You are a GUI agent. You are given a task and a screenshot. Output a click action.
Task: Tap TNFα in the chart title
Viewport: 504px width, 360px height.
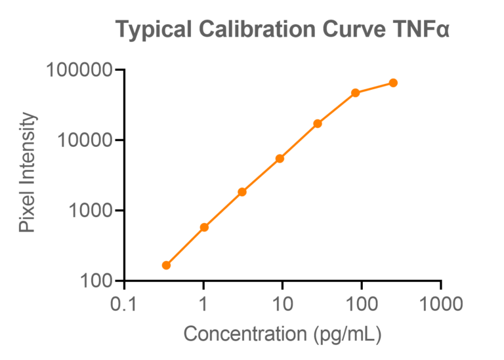click(x=420, y=30)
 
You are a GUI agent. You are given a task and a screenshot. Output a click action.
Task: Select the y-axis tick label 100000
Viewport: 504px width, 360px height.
click(x=80, y=70)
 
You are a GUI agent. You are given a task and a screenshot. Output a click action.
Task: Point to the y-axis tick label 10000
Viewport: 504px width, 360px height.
click(x=85, y=140)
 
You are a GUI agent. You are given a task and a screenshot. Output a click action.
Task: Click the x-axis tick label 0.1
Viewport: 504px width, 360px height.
click(x=125, y=304)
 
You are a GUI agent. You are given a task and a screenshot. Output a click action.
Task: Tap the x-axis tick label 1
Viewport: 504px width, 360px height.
click(x=203, y=304)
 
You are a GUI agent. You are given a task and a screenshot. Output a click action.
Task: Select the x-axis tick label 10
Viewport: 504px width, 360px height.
click(x=282, y=304)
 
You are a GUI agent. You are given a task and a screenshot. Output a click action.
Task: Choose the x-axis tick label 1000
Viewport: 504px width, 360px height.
click(x=440, y=304)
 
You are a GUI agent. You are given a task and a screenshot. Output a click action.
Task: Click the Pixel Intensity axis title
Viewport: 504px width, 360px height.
click(x=27, y=173)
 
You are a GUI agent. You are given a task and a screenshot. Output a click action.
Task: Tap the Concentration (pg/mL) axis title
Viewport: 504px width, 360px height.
click(x=282, y=334)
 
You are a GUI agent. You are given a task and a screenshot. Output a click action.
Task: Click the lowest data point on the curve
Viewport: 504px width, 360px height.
click(x=166, y=265)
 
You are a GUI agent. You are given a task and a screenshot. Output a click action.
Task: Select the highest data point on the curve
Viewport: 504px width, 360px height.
click(x=393, y=83)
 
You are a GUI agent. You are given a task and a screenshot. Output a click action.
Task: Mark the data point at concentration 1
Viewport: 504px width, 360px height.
click(x=204, y=227)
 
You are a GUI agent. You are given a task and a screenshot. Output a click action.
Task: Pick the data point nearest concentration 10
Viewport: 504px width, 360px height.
click(x=280, y=158)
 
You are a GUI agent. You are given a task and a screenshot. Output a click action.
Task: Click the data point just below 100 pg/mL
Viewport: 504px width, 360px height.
click(x=356, y=93)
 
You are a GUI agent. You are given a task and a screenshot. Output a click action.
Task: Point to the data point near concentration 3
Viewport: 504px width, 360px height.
click(x=241, y=191)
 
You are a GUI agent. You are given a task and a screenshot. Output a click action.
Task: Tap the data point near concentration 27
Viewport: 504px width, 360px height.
click(x=318, y=123)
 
